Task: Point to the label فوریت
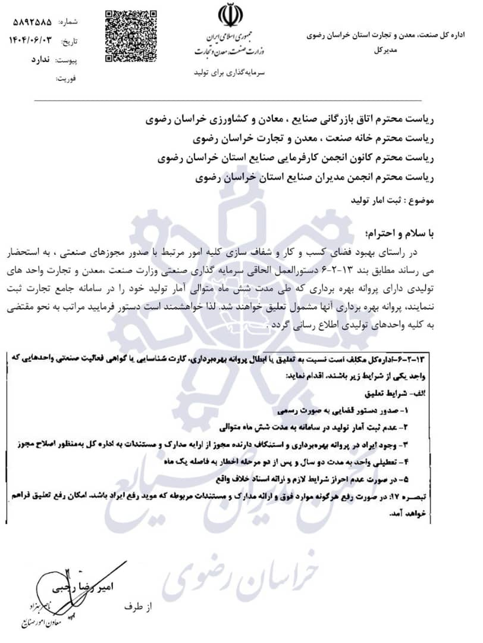pos(67,78)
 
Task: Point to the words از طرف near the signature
pos(138,607)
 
